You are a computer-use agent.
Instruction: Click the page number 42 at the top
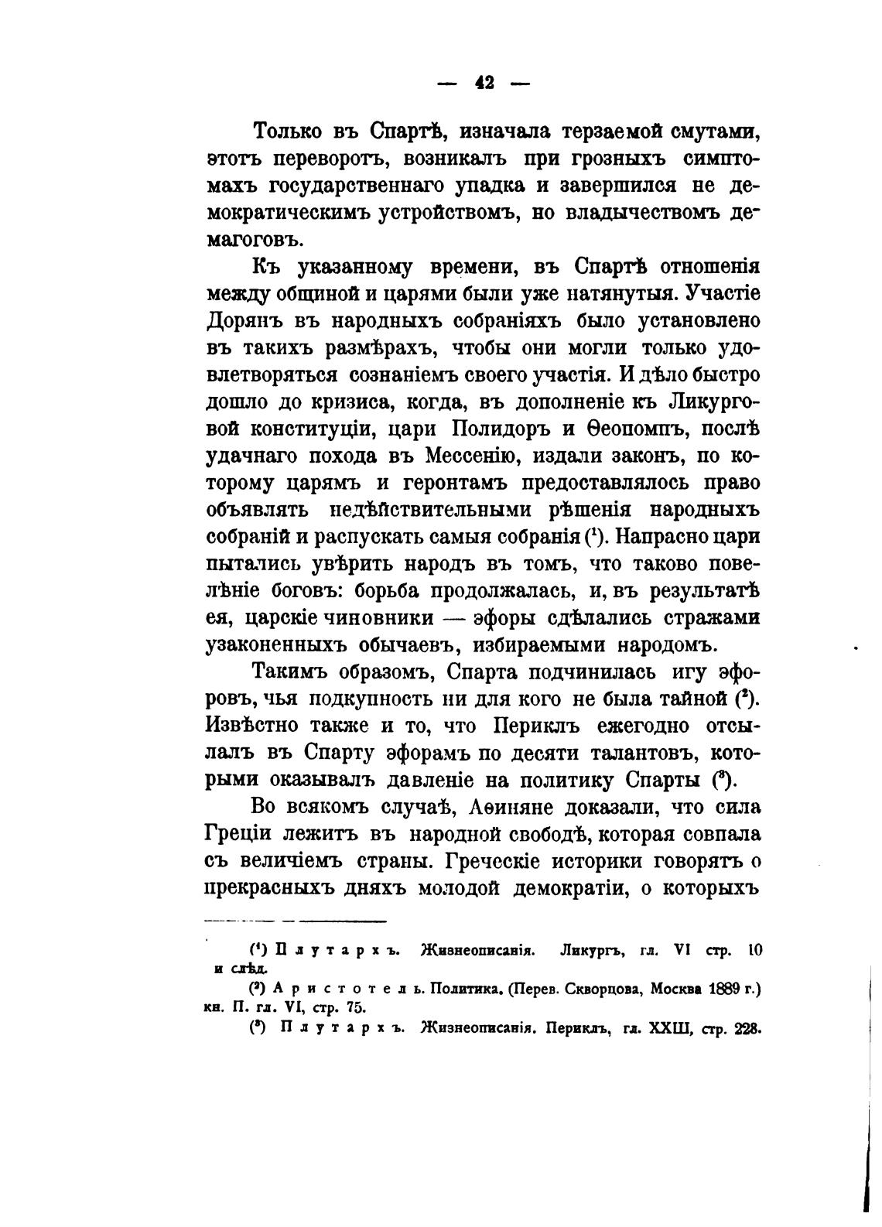pyautogui.click(x=485, y=83)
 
